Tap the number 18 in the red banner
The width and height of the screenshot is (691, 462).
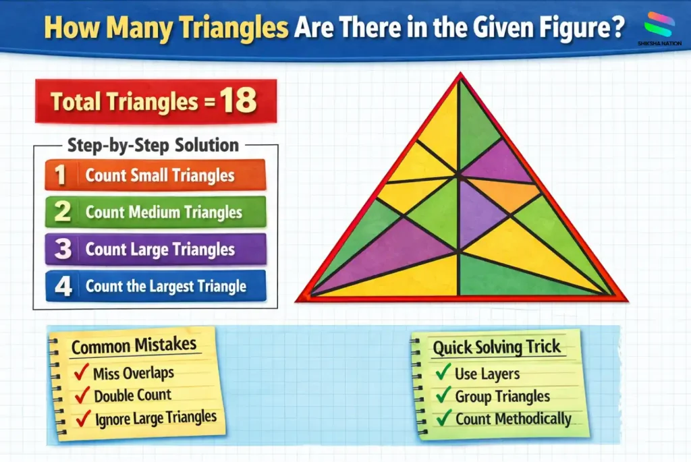click(x=238, y=101)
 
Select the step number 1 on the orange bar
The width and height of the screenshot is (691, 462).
click(x=61, y=175)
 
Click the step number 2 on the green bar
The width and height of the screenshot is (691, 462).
click(x=62, y=212)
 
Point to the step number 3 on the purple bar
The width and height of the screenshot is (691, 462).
click(x=63, y=249)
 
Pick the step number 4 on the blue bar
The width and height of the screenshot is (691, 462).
click(x=63, y=286)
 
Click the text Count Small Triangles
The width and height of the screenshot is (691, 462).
click(x=160, y=176)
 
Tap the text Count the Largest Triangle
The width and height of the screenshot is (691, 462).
click(x=166, y=286)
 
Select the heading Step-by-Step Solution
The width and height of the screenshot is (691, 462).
click(x=153, y=145)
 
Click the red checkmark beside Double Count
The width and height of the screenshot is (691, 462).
click(x=83, y=395)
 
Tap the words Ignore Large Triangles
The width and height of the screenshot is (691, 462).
click(x=155, y=418)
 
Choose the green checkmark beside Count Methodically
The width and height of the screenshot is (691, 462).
click(x=443, y=419)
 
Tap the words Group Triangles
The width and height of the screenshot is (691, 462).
click(x=503, y=396)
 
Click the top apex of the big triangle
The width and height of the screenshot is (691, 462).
click(x=460, y=75)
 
